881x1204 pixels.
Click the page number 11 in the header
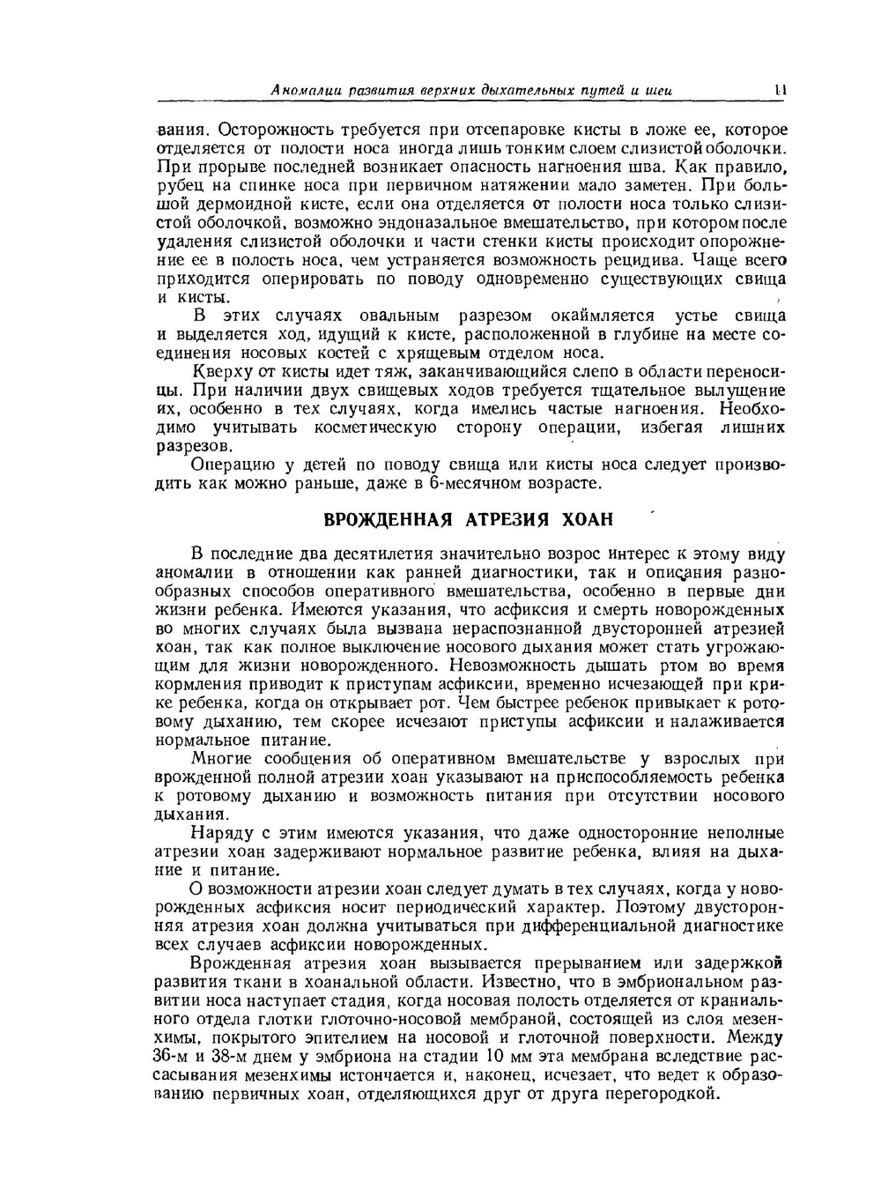[x=780, y=89]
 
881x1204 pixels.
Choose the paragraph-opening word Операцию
[x=229, y=465]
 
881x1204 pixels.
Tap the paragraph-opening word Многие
[x=220, y=759]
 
